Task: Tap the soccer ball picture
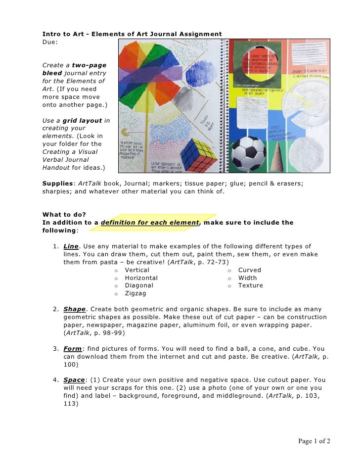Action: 249,154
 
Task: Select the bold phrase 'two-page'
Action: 89,65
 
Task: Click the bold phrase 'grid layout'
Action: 83,120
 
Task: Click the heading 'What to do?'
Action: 64,215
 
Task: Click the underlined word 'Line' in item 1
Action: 71,246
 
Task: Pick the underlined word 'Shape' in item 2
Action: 74,309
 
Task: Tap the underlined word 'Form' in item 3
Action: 72,349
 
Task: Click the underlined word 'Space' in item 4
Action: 74,380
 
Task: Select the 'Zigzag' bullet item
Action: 135,293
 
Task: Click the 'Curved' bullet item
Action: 249,270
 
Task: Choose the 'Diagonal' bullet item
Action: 139,285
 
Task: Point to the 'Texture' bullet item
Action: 250,285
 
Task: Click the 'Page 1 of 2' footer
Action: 314,441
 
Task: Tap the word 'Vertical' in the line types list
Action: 137,270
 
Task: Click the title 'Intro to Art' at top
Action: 63,34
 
